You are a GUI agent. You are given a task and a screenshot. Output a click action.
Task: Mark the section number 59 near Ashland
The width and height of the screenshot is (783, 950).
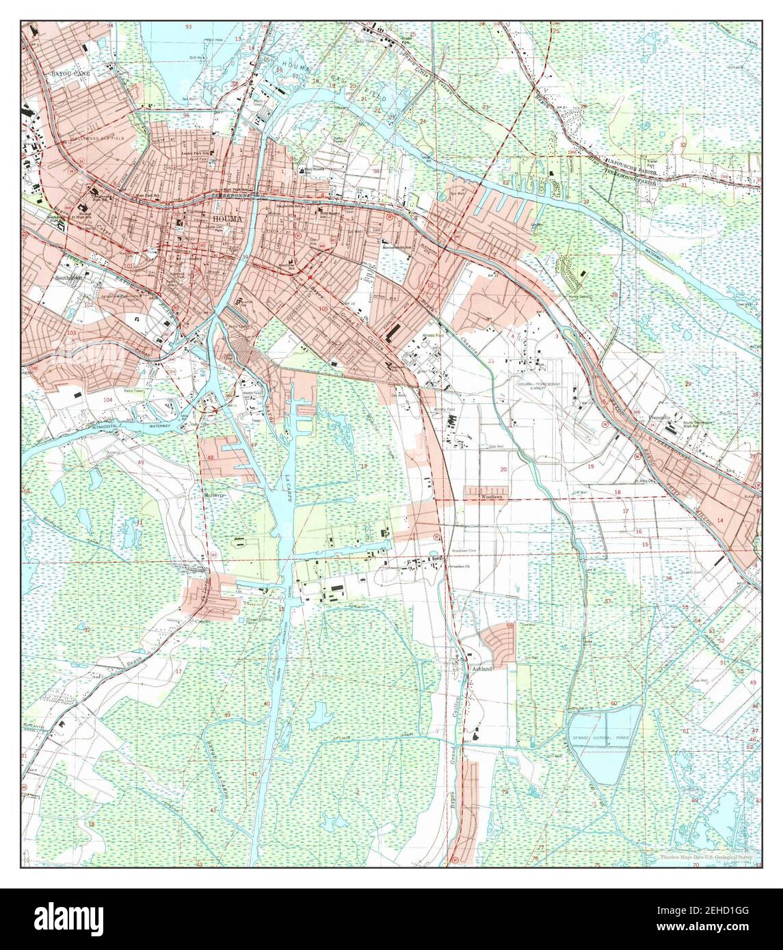click(509, 625)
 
